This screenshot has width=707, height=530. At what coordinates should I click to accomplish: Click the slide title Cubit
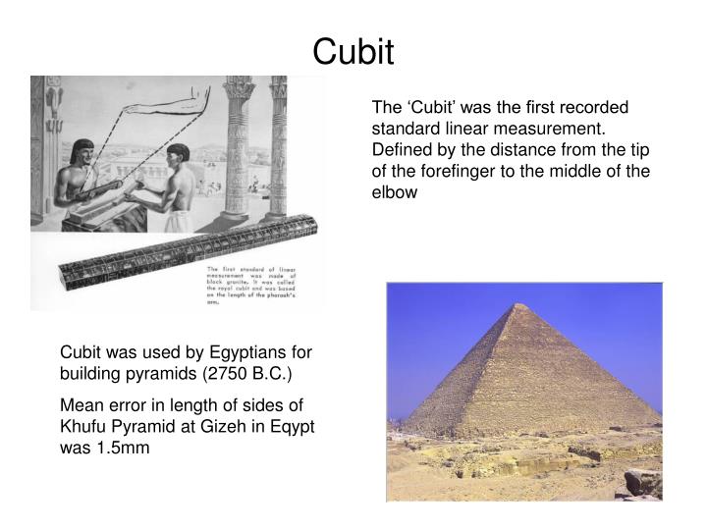353,50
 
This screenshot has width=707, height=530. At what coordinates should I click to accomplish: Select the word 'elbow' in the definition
394,192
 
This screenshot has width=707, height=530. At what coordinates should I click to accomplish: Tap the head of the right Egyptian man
178,154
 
